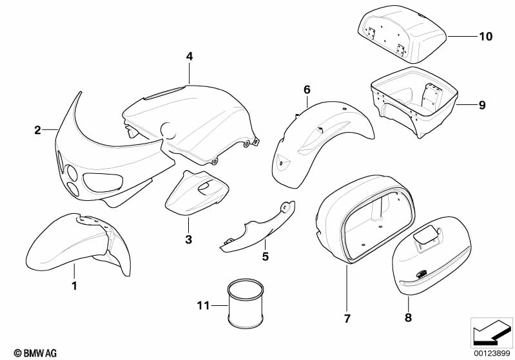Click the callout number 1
pyautogui.click(x=75, y=286)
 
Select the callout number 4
pyautogui.click(x=189, y=57)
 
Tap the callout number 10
pyautogui.click(x=486, y=36)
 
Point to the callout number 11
pyautogui.click(x=203, y=306)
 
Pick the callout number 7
pyautogui.click(x=347, y=318)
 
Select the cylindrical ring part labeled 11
pyautogui.click(x=246, y=303)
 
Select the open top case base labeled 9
pyautogui.click(x=414, y=102)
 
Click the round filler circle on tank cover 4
pyautogui.click(x=168, y=130)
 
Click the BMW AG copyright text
pyautogui.click(x=35, y=353)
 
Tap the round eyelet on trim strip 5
pyautogui.click(x=284, y=206)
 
